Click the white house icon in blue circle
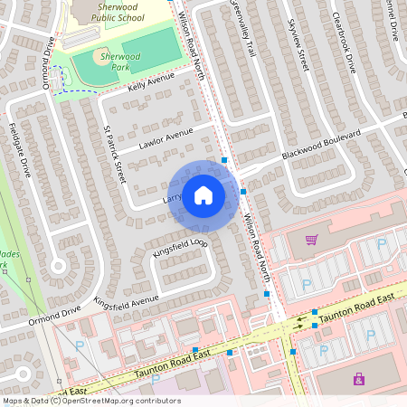[203, 195]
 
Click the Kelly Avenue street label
[150, 83]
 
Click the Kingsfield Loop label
[180, 248]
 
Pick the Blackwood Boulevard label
[321, 144]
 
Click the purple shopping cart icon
[311, 240]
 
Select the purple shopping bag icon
[359, 378]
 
